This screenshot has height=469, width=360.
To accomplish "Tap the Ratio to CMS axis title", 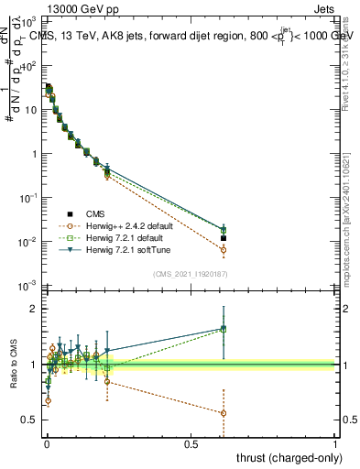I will click(x=13, y=365).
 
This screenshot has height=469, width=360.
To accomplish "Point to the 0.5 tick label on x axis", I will click(x=191, y=443).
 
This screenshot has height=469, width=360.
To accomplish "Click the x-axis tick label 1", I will click(x=336, y=443).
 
